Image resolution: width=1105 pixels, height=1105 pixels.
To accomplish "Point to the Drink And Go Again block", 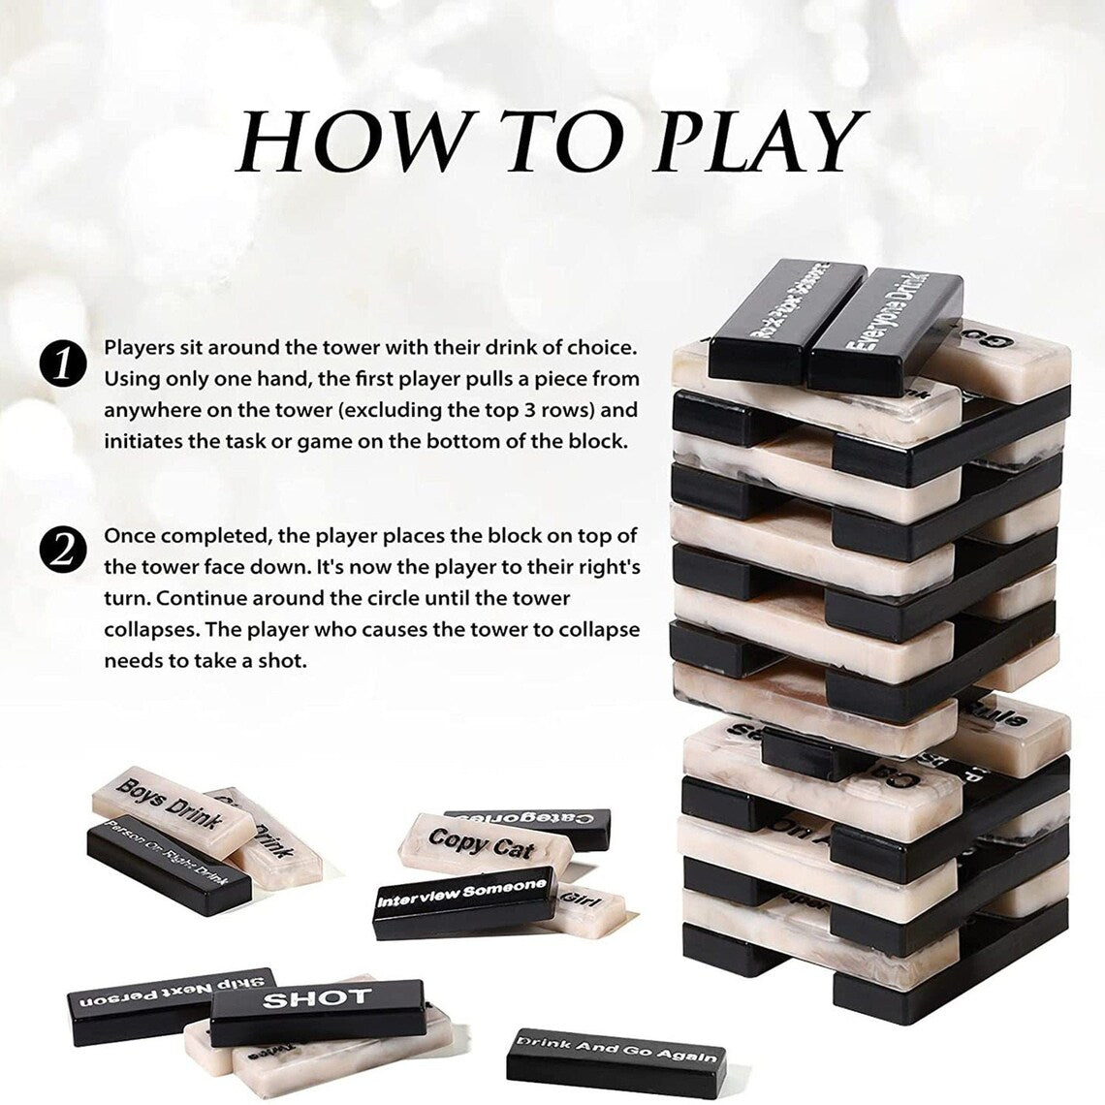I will [616, 1055].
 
